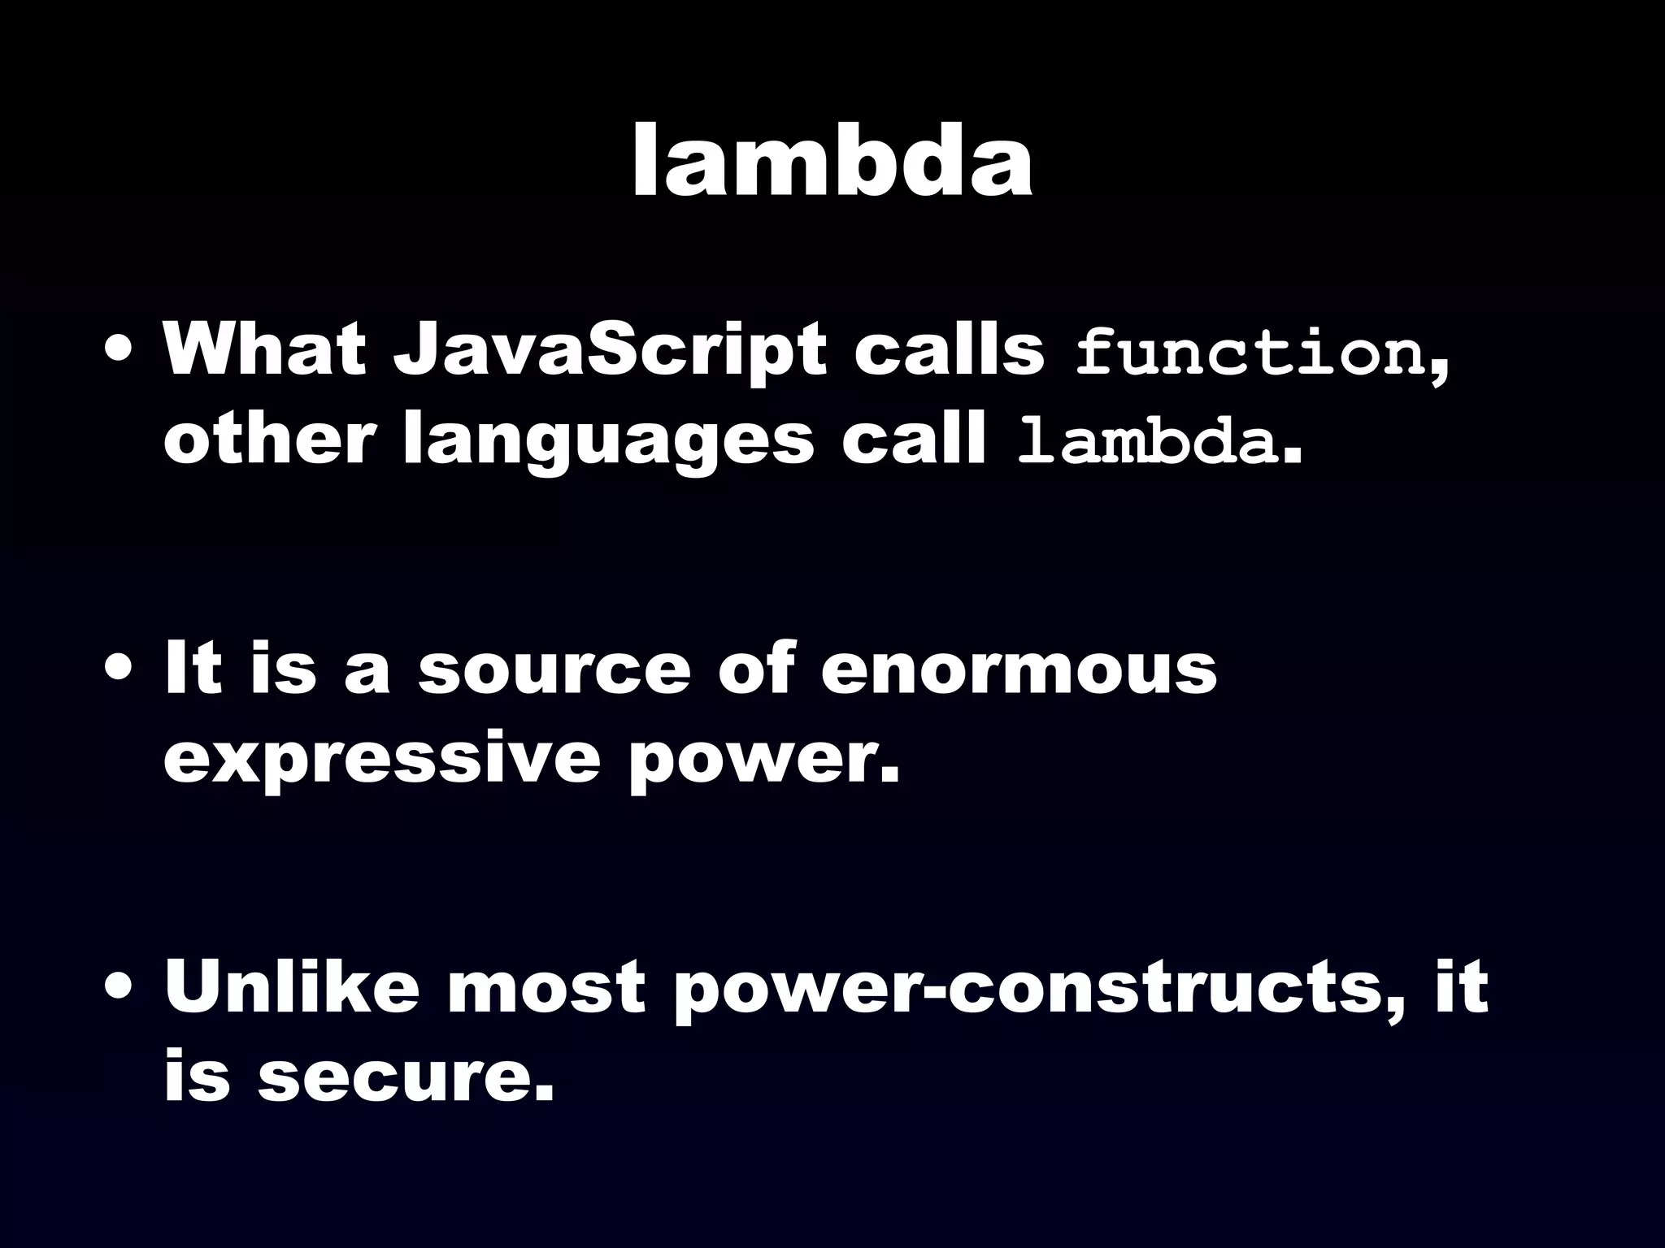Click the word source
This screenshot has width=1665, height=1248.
[x=554, y=671]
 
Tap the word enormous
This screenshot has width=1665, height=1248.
[x=1019, y=671]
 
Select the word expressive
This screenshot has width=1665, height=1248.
[x=380, y=760]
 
